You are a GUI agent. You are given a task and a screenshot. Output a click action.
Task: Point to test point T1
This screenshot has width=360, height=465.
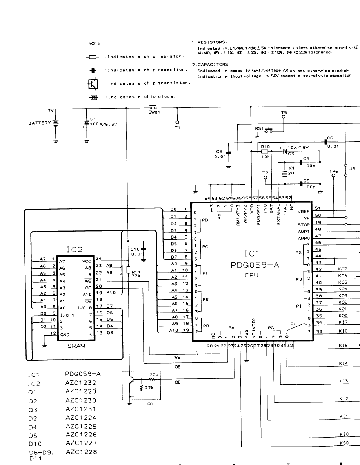[177, 127]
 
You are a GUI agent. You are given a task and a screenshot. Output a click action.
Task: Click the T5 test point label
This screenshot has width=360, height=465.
[284, 112]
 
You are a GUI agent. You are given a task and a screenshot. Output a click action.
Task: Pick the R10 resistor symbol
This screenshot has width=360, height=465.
[265, 151]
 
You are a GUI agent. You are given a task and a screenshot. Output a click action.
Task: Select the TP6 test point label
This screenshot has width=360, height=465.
[333, 171]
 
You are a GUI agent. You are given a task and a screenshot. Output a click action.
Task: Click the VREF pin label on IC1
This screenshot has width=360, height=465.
[304, 211]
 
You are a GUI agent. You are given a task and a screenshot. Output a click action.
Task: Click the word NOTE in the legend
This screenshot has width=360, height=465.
[94, 43]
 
